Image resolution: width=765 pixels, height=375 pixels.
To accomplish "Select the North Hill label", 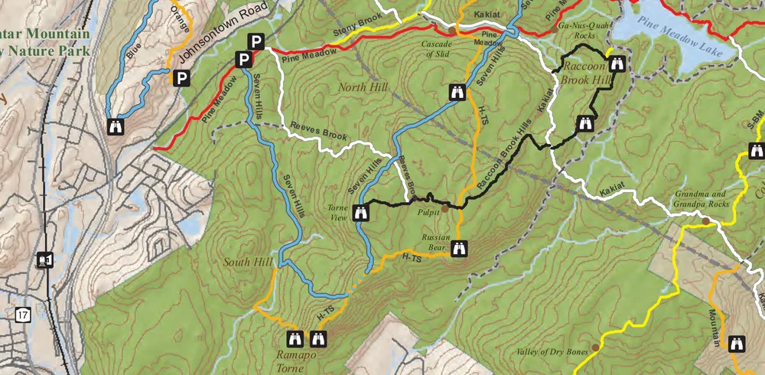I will (359, 88).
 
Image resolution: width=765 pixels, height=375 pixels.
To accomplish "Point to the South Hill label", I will (248, 262).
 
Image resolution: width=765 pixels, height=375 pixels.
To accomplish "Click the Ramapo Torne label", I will (304, 360).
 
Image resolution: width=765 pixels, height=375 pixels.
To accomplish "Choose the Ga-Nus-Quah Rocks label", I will (578, 30).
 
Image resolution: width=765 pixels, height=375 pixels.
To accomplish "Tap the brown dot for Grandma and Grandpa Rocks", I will (705, 220).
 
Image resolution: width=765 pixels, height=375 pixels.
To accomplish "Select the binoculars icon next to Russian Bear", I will (459, 249).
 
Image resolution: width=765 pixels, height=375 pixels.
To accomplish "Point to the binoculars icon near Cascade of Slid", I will (457, 92).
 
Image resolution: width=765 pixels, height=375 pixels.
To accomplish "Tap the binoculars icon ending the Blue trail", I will (117, 126).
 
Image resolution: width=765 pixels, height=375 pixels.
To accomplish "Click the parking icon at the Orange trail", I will (182, 77).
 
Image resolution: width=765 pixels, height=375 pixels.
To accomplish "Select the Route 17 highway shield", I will (23, 314).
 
